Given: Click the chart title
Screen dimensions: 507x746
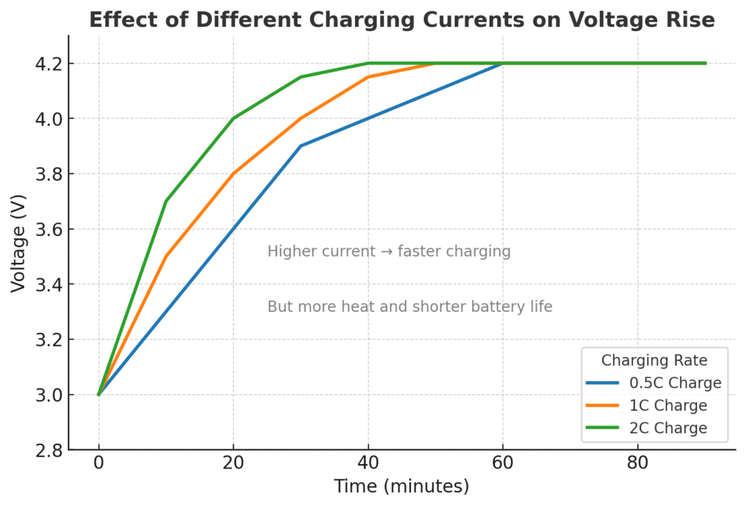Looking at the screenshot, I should pyautogui.click(x=401, y=20).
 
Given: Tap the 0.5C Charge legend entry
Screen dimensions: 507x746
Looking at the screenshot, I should pyautogui.click(x=675, y=383).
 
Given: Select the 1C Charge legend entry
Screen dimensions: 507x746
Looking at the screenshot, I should pyautogui.click(x=667, y=406).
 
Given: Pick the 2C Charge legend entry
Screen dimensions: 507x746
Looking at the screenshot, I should pyautogui.click(x=667, y=428).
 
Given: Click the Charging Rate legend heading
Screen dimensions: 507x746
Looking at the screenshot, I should pyautogui.click(x=654, y=360).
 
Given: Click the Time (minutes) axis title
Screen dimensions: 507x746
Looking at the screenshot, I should pyautogui.click(x=401, y=487).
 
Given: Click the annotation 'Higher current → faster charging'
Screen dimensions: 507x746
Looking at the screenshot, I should pyautogui.click(x=389, y=252).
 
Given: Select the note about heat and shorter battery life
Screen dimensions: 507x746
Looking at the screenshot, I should pyautogui.click(x=409, y=307).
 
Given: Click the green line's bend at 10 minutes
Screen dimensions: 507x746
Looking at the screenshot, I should pyautogui.click(x=166, y=201).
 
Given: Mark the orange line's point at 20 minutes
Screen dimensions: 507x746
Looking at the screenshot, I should pyautogui.click(x=233, y=173).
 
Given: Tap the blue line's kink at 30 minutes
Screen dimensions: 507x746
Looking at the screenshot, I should pyautogui.click(x=301, y=146).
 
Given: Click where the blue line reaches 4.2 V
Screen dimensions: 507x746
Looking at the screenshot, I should pyautogui.click(x=503, y=63).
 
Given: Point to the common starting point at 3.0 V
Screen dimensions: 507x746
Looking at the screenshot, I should pyautogui.click(x=98, y=395).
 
